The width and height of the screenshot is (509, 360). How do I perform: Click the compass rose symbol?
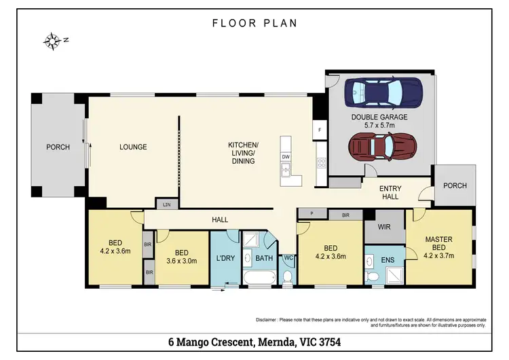[x=52, y=41]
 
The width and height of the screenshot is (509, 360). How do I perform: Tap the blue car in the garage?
[x=383, y=92]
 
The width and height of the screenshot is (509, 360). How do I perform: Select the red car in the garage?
[x=382, y=147]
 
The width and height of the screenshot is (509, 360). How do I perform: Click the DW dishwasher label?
[x=286, y=157]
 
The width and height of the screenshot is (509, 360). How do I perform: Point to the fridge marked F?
[x=320, y=130]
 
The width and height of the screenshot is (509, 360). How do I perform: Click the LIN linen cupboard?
[x=167, y=204]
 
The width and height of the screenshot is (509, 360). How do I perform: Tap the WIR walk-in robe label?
[x=384, y=227]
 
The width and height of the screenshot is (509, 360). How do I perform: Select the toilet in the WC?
[x=287, y=277]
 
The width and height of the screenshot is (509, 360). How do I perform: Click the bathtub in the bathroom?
[x=260, y=278]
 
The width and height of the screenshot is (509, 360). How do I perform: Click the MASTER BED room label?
[x=439, y=243]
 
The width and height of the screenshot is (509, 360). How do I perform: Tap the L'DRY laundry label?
[x=225, y=258]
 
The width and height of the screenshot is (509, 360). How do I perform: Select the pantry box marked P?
[x=312, y=213]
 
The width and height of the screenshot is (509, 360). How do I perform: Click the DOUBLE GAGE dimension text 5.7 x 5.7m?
[x=379, y=125]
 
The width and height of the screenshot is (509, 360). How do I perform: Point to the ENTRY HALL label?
[x=390, y=192]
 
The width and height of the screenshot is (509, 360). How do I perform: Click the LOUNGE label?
[x=133, y=147]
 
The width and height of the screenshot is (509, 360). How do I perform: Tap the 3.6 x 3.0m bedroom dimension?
[x=181, y=261]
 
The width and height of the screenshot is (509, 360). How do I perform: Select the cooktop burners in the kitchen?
[x=322, y=163]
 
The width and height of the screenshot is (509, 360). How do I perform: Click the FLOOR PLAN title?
[x=254, y=23]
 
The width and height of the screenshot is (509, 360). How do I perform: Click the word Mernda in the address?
[x=276, y=342]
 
